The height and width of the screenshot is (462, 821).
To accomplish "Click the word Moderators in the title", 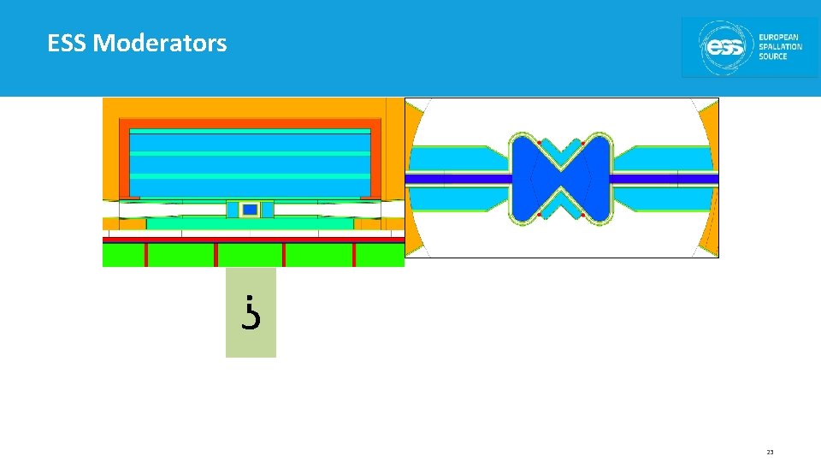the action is click(160, 43).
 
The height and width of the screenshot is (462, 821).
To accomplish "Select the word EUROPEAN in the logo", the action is click(780, 37).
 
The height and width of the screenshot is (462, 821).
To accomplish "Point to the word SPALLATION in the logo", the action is click(780, 47).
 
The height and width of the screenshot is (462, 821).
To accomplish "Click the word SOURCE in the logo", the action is click(773, 57).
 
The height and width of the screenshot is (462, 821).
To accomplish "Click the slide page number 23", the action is click(770, 453).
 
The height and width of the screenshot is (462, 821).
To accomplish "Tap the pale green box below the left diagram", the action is click(251, 312).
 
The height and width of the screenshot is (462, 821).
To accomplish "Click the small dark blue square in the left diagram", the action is click(250, 210).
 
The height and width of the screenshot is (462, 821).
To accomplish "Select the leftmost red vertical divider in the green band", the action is click(146, 255).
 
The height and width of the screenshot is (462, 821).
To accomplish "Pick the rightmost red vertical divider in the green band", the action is click(354, 255).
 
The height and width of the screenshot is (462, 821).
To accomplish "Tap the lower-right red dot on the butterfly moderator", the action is click(582, 215).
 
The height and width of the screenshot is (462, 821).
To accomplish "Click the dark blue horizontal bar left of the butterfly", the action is click(458, 180).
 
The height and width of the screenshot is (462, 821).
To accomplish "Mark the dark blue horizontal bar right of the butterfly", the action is click(664, 180).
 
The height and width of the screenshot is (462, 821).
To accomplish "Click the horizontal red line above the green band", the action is click(253, 240).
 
